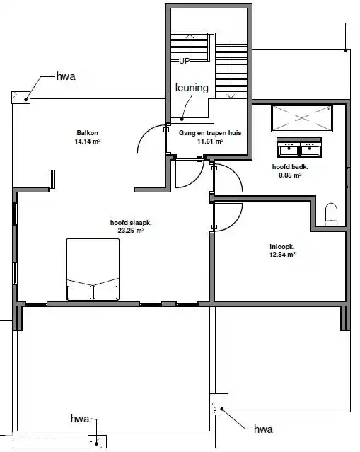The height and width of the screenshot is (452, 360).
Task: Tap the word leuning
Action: coord(192,88)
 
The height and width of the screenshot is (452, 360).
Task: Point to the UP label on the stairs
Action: coord(184,61)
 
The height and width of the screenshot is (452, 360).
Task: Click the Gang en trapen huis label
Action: coord(210,132)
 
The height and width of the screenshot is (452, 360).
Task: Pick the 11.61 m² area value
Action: coord(210,141)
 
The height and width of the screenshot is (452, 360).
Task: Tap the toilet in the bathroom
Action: coord(331,214)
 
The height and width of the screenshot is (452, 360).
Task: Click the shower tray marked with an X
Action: coord(301,117)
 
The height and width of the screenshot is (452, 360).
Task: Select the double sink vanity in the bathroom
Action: coord(299,146)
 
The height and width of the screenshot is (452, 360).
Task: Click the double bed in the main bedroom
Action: coord(93,270)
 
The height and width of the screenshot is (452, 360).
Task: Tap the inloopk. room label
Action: coord(281,247)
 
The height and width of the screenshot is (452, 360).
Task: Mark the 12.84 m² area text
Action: coord(281,255)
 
